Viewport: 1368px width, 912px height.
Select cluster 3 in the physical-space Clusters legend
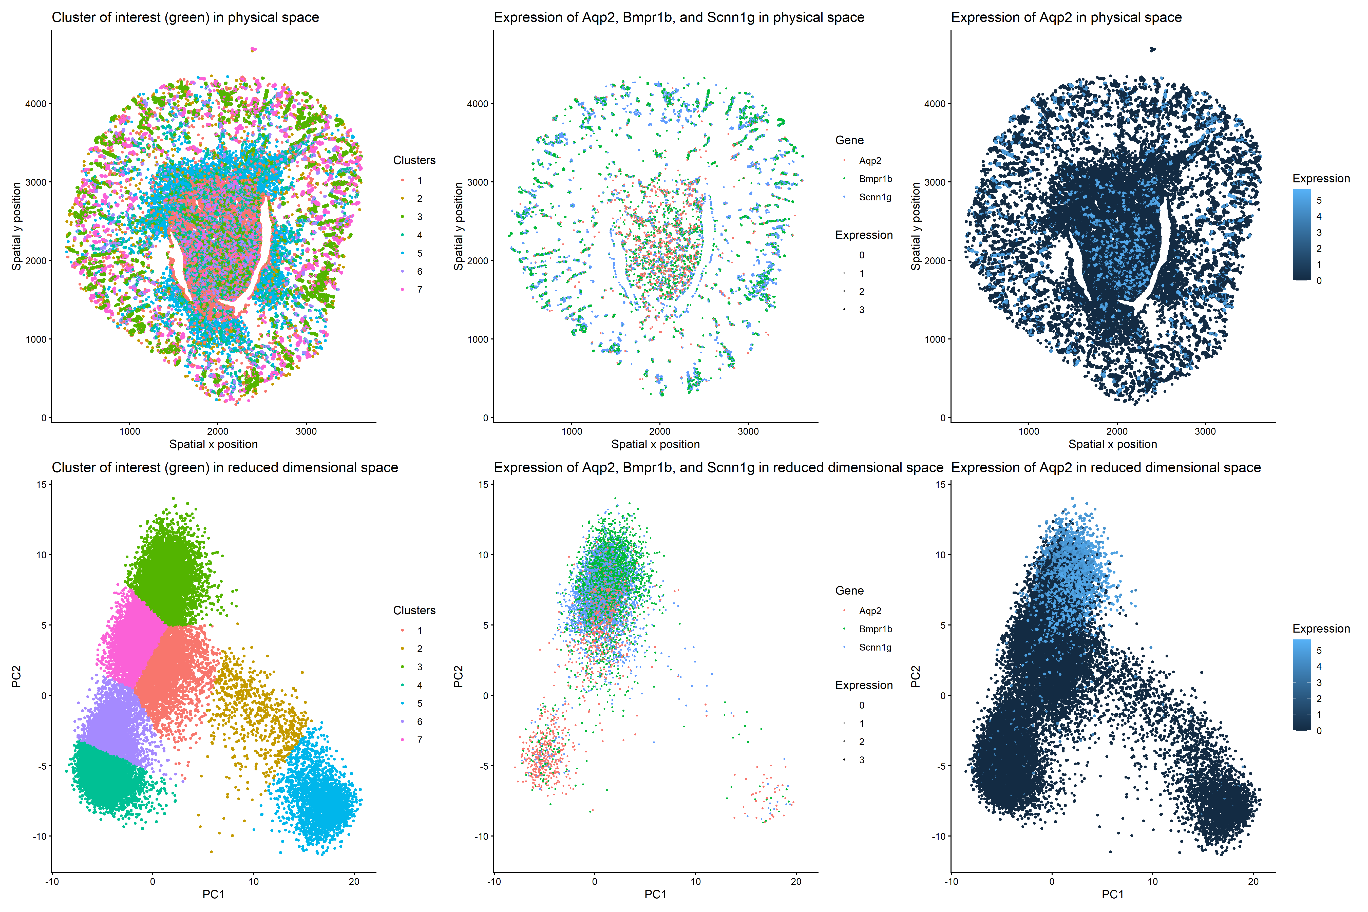pos(419,217)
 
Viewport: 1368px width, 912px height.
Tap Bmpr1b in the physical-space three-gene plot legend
pos(875,179)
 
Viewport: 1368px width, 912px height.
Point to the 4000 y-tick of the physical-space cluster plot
pos(35,104)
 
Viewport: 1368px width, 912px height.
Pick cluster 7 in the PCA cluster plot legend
pos(419,740)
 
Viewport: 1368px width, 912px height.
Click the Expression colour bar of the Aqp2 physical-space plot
pos(1302,235)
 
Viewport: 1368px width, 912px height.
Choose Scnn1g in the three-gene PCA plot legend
pos(875,647)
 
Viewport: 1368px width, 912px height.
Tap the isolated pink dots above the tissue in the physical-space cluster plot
pos(252,49)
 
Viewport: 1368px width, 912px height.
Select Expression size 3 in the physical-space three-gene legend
pos(861,310)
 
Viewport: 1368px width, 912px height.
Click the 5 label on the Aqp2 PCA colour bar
pos(1319,650)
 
